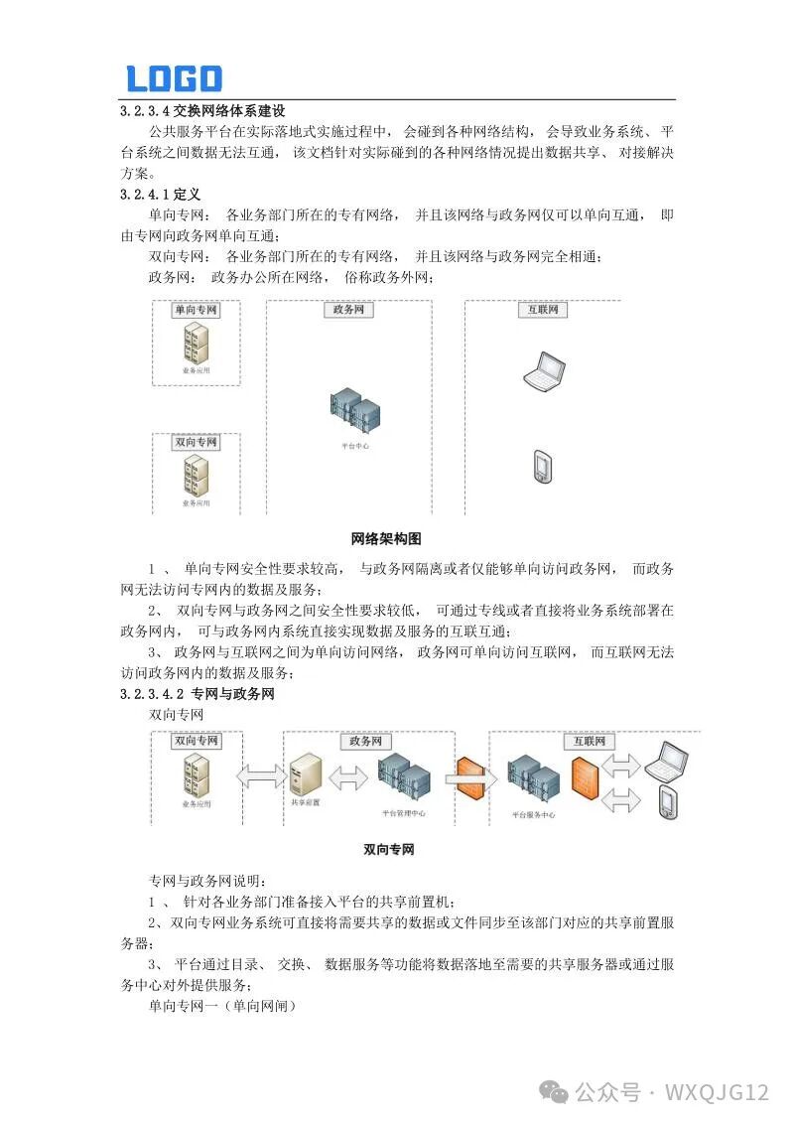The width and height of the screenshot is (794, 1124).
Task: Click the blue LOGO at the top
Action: [x=174, y=78]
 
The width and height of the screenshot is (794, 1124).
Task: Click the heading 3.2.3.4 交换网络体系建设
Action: [x=202, y=110]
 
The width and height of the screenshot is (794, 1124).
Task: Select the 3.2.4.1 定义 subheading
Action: [x=160, y=194]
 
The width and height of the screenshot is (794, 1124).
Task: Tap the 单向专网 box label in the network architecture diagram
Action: [x=196, y=311]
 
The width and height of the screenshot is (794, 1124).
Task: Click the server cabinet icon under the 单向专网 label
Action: [x=196, y=344]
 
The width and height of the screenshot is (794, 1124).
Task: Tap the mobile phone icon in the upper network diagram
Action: [x=542, y=467]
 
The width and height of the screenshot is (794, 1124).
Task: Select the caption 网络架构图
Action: [x=386, y=539]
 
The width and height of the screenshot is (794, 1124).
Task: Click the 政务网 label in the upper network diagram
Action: [x=348, y=311]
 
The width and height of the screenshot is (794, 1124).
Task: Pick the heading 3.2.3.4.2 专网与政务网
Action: [x=197, y=694]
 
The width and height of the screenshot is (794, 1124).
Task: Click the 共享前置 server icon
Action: [x=304, y=774]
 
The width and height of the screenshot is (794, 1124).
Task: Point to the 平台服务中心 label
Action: [x=534, y=813]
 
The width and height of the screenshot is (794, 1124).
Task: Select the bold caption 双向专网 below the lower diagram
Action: [x=388, y=850]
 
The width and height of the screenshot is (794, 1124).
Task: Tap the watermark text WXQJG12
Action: [x=717, y=1092]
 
